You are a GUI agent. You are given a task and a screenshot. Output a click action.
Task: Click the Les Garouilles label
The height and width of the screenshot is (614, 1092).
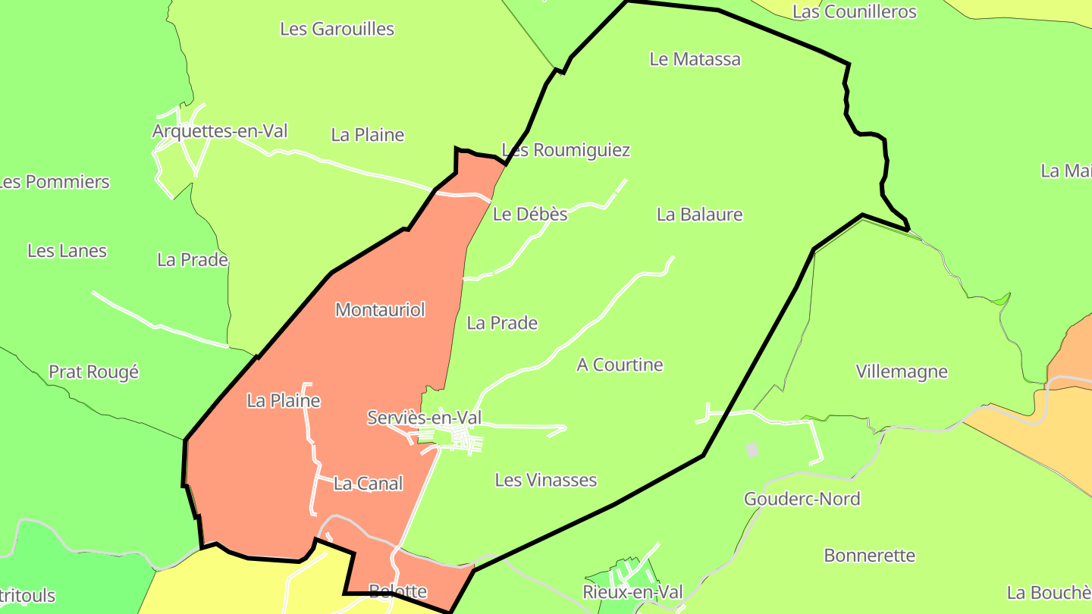(x=337, y=29)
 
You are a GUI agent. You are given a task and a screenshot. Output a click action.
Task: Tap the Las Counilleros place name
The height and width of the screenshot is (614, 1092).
(x=854, y=11)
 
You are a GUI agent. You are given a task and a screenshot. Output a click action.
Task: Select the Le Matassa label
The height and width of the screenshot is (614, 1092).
(x=695, y=59)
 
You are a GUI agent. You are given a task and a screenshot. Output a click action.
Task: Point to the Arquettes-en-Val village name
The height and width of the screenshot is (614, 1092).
(x=220, y=131)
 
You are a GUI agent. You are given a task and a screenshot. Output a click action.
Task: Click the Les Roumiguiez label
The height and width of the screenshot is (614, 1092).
(x=566, y=150)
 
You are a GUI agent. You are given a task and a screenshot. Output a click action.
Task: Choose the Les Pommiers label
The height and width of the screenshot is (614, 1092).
(x=55, y=182)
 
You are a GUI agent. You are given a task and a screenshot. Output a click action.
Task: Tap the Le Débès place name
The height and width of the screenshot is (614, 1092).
(x=530, y=215)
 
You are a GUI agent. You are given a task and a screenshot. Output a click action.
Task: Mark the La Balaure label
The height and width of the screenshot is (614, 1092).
(x=699, y=215)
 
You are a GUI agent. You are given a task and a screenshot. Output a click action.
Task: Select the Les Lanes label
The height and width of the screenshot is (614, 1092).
(x=67, y=251)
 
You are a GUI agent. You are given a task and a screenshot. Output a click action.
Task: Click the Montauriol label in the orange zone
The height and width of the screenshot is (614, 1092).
(x=380, y=309)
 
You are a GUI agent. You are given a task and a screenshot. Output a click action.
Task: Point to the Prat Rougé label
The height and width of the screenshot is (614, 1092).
(x=94, y=372)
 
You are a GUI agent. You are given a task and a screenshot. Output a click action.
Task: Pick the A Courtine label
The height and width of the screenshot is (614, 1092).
(x=620, y=365)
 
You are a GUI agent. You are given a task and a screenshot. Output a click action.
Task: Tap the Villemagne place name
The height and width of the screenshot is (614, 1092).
(x=902, y=371)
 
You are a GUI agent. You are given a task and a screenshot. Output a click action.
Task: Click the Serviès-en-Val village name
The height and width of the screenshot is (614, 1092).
(x=424, y=418)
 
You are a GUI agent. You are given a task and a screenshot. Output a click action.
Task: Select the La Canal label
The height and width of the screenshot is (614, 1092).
(x=369, y=483)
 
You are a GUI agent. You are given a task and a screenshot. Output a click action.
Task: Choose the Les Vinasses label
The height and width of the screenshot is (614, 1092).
(x=545, y=480)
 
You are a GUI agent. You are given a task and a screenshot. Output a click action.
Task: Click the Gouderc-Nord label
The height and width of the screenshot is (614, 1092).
(x=802, y=499)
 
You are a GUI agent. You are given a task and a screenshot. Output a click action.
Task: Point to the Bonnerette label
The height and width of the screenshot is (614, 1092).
(x=869, y=556)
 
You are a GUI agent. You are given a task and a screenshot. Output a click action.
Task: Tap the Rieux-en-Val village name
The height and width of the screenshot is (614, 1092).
(x=632, y=592)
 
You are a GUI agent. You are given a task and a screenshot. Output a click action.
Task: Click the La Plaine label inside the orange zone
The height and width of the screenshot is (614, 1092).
(x=284, y=401)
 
